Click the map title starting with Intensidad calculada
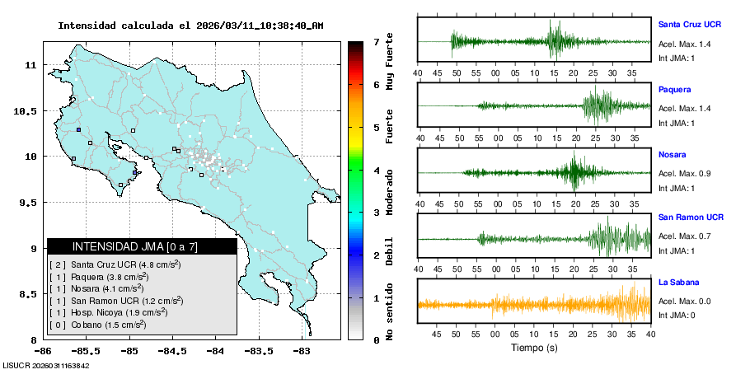[190, 26]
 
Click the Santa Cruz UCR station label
[690, 25]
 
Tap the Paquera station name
[674, 89]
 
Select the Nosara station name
[673, 154]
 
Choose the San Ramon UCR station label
[691, 218]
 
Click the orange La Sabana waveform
[535, 304]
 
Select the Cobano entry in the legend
[100, 325]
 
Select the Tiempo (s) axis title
[535, 348]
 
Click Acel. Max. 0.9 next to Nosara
[684, 173]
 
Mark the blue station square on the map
[78, 130]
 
